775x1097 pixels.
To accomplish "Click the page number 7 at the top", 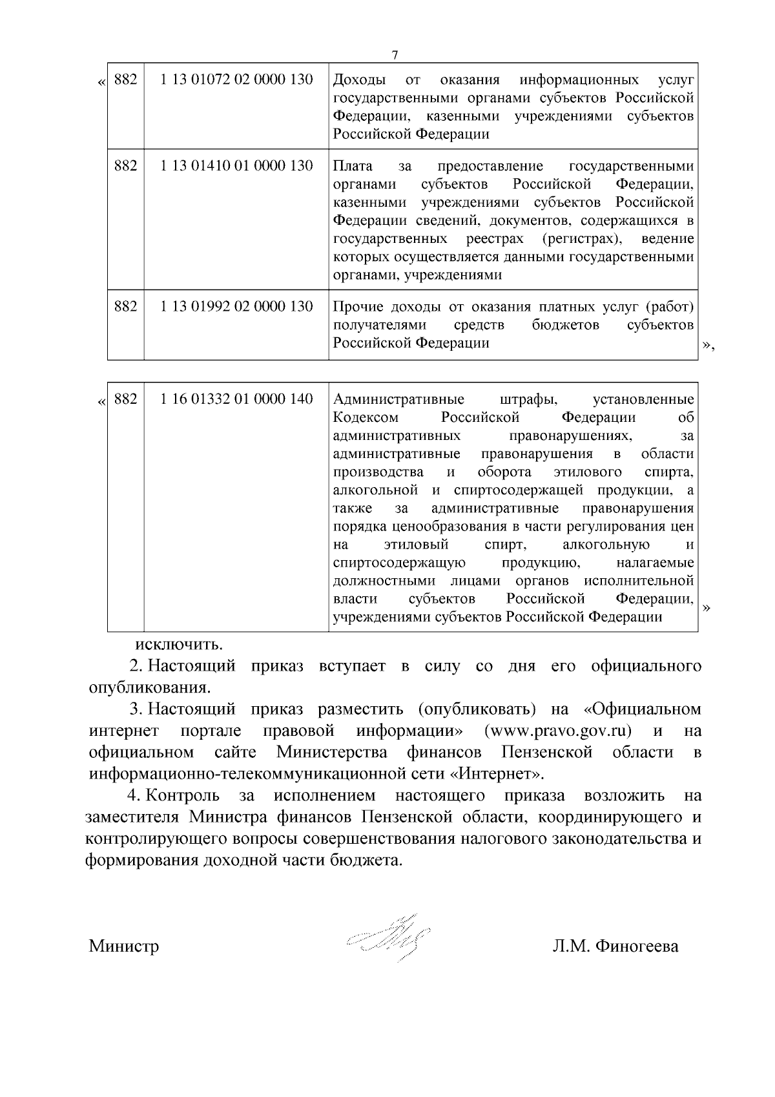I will pyautogui.click(x=395, y=55).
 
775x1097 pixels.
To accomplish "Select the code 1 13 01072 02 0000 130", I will pyautogui.click(x=236, y=79).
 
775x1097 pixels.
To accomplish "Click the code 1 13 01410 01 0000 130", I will pyautogui.click(x=236, y=165).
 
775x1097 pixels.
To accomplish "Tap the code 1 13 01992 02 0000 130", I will pyautogui.click(x=236, y=306).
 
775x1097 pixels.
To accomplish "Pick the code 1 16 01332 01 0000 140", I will pyautogui.click(x=236, y=399).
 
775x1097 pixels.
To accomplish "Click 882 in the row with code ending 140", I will pyautogui.click(x=125, y=399).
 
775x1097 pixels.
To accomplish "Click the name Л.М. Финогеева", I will pyautogui.click(x=615, y=946).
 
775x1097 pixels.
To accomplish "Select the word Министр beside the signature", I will pyautogui.click(x=124, y=946).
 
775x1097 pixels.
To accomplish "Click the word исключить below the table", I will pyautogui.click(x=179, y=644).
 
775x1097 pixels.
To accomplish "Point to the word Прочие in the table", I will pyautogui.click(x=356, y=306).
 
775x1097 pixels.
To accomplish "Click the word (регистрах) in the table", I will pyautogui.click(x=583, y=238).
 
